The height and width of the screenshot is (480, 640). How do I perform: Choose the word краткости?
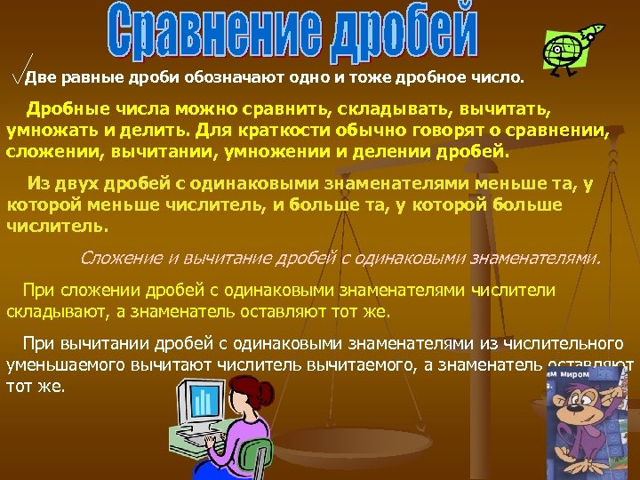click(x=275, y=131)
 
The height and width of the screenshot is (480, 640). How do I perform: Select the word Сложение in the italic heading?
click(x=119, y=258)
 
